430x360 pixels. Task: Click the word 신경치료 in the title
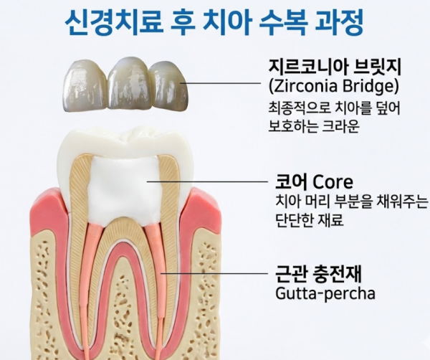pos(113,22)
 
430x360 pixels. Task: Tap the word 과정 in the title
pos(340,22)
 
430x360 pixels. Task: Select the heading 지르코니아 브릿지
pos(335,67)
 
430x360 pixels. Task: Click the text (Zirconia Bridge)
pos(333,86)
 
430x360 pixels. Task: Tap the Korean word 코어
pos(292,181)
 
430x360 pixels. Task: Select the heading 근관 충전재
pos(318,274)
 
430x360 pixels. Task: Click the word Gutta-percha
pos(325,294)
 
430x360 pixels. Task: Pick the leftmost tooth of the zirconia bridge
pos(85,87)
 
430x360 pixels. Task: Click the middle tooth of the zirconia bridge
pos(130,83)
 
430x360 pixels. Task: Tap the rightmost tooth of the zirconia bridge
pos(169,85)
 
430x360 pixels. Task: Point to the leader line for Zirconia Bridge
pos(221,82)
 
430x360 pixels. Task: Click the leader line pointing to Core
pos(207,181)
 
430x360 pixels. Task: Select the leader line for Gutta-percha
pos(214,273)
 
